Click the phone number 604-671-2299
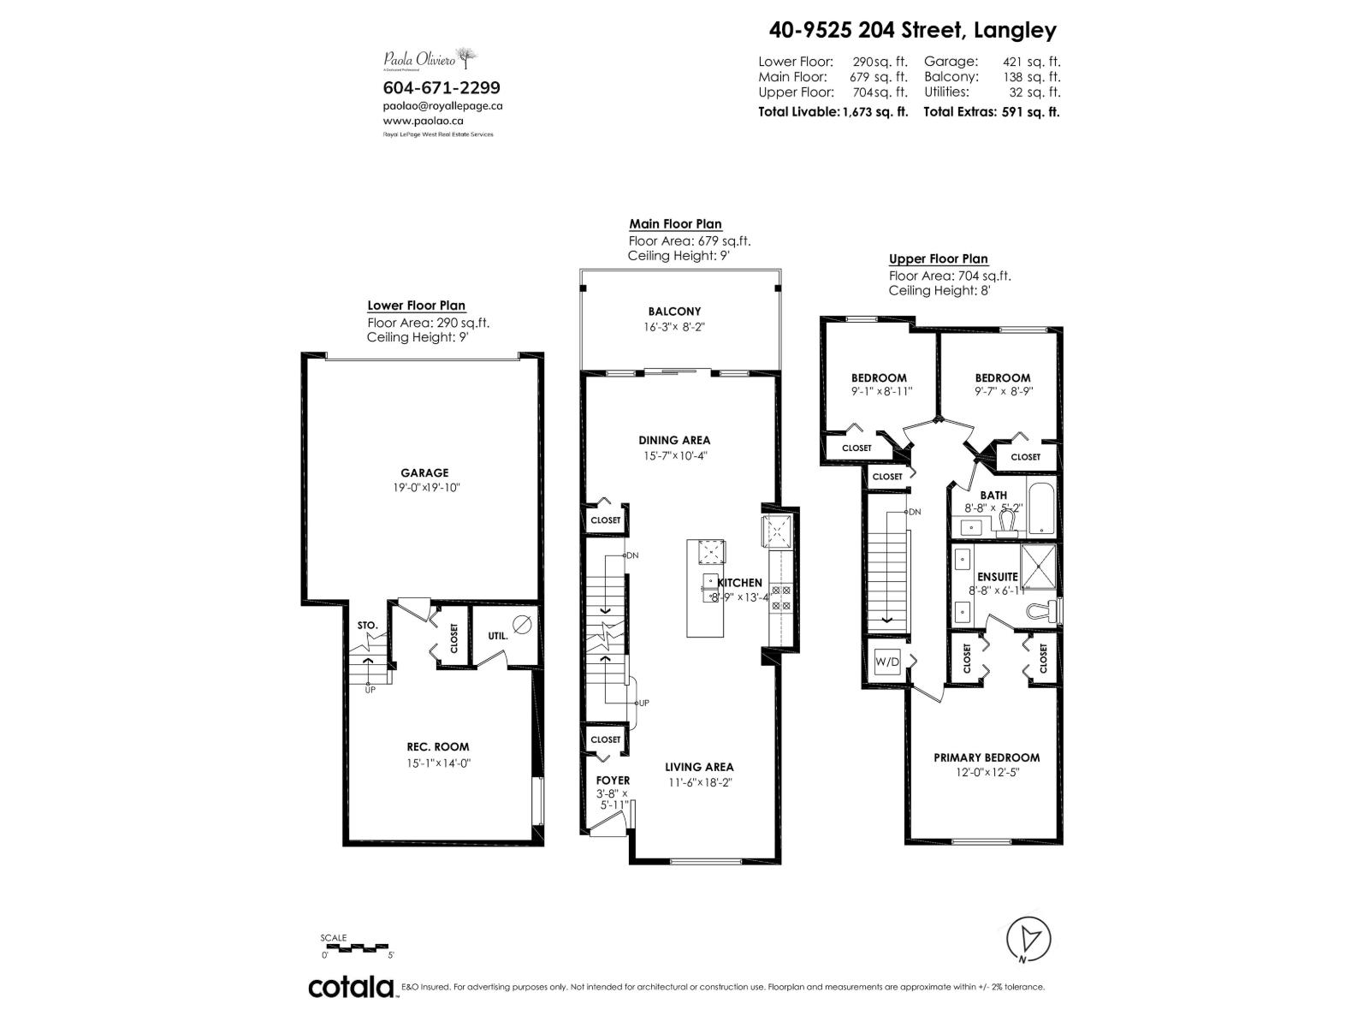442,87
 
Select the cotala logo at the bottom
351,988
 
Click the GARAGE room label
424,472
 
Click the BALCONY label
674,312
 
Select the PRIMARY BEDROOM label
987,757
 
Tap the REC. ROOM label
438,746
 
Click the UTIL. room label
497,636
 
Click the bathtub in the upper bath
1041,510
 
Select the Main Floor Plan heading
675,224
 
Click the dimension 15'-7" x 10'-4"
674,456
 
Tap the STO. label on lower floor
367,626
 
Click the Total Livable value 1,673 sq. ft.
874,111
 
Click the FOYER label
613,780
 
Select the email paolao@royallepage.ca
442,106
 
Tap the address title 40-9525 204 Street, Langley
912,31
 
